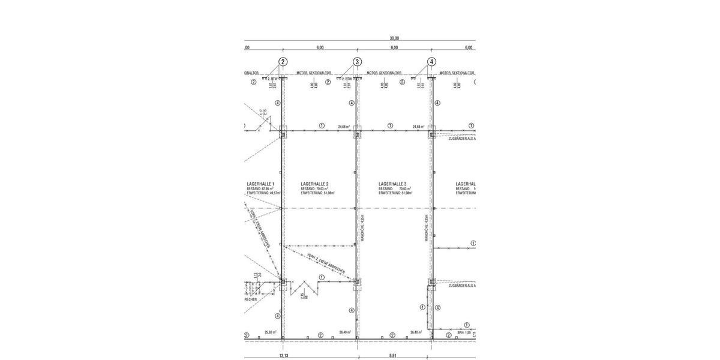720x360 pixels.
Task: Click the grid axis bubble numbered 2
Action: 283,62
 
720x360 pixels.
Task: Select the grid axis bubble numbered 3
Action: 357,62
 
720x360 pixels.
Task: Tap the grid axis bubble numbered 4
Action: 431,62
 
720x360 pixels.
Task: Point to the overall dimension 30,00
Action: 394,38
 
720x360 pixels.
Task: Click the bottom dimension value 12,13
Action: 284,356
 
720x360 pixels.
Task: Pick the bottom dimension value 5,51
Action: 393,356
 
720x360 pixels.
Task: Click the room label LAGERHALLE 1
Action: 260,184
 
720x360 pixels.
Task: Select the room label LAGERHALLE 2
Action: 314,184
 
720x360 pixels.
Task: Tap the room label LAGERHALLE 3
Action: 392,184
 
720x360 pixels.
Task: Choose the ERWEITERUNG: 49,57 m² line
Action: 264,194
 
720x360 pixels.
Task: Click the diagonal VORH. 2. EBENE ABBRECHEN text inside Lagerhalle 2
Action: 325,265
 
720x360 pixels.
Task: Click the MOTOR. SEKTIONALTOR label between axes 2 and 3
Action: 316,73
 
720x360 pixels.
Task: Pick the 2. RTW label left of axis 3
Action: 347,78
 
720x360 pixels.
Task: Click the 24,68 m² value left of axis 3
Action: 344,127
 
